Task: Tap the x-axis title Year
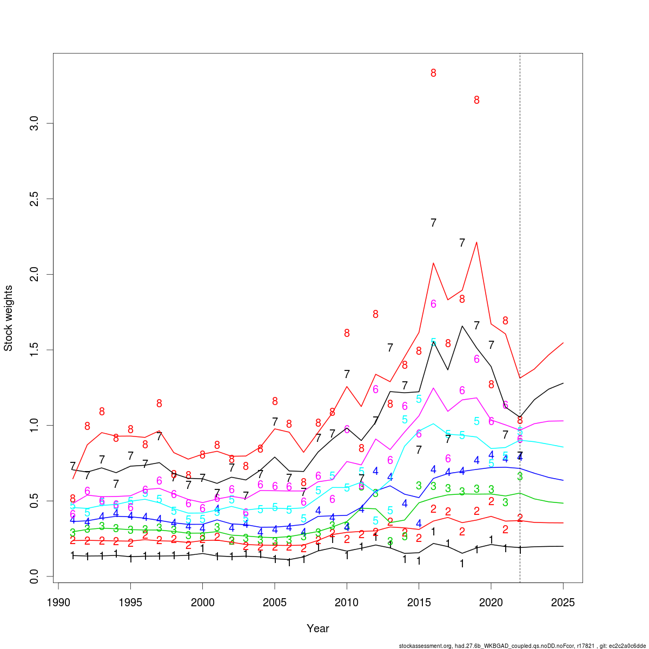[317, 628]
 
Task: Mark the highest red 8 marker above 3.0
[433, 73]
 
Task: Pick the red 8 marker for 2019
[476, 100]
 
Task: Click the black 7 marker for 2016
[433, 223]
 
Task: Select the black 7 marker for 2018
[462, 243]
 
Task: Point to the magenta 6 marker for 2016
[433, 304]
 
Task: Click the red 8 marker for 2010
[347, 333]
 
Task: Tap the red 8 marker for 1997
[159, 403]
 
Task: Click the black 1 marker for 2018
[462, 564]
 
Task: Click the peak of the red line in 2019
[476, 242]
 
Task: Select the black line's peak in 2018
[462, 326]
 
